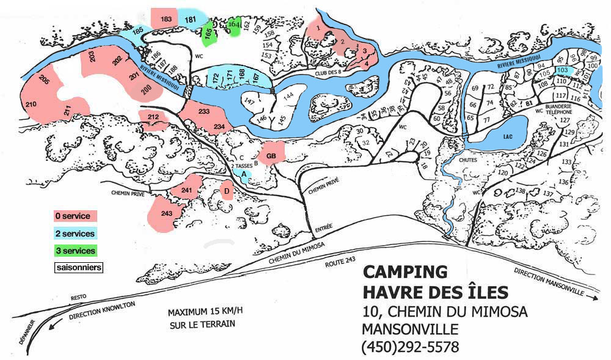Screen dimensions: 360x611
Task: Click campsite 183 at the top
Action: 165,19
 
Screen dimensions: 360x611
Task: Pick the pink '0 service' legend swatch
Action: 75,216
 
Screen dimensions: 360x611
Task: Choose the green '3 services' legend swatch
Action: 75,251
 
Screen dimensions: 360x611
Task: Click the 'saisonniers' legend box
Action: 78,268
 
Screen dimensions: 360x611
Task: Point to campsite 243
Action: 165,214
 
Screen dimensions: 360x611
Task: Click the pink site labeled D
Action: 227,192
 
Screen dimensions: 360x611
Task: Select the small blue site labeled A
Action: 244,174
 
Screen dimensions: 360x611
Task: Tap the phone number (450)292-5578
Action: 410,347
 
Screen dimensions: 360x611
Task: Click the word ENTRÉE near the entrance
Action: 324,227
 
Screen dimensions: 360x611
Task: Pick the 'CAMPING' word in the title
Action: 404,271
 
